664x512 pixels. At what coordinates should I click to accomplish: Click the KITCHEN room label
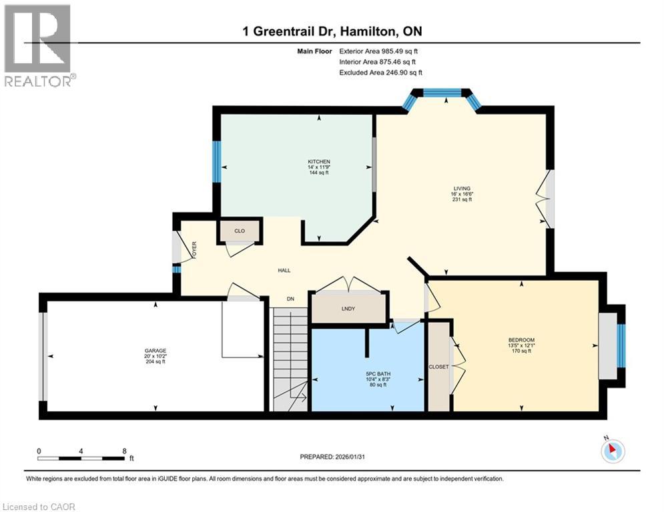[x=318, y=162]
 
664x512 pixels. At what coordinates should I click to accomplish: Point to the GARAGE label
[x=155, y=351]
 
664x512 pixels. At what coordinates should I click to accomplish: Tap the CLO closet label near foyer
[x=240, y=231]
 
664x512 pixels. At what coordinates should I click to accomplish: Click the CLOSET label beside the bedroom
[x=438, y=367]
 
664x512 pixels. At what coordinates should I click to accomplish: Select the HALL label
[x=284, y=270]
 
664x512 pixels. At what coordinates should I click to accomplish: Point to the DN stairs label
[x=290, y=299]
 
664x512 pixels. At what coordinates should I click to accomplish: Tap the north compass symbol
[x=612, y=451]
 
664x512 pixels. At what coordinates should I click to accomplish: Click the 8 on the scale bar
[x=124, y=451]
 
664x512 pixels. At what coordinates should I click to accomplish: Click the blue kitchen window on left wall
[x=216, y=161]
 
